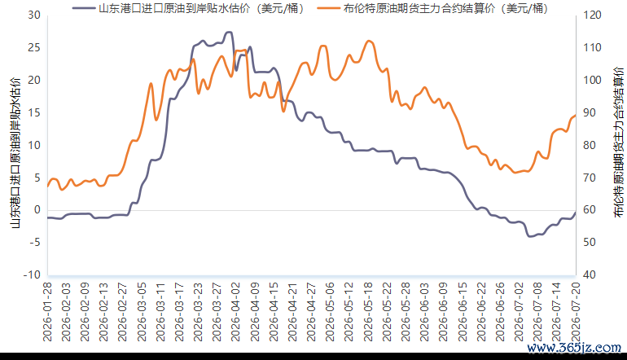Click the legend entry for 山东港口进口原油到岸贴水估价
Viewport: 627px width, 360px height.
(x=189, y=8)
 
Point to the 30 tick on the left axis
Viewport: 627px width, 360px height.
(x=34, y=15)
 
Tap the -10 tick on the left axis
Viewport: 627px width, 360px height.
(x=32, y=274)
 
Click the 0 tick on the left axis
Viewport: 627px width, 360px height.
(x=37, y=209)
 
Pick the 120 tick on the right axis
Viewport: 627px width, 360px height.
(x=592, y=15)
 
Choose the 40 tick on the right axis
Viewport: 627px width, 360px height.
(x=590, y=274)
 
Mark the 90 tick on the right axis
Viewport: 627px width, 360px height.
(x=590, y=112)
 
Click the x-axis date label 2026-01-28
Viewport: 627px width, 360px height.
(x=47, y=312)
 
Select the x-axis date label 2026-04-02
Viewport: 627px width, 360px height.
(x=236, y=312)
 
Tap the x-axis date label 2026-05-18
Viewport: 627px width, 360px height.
(x=368, y=312)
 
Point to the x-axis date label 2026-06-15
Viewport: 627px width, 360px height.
(x=463, y=312)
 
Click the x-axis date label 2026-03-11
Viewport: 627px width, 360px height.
(x=160, y=312)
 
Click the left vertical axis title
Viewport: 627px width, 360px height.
(x=15, y=153)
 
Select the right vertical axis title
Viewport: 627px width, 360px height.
(x=618, y=143)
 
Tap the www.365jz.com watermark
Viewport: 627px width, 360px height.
(x=574, y=348)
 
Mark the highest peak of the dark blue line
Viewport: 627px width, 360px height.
(x=229, y=32)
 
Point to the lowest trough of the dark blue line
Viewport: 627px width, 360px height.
(x=530, y=236)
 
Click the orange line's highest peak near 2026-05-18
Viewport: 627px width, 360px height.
(x=369, y=41)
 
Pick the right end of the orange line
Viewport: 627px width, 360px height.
(x=576, y=116)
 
